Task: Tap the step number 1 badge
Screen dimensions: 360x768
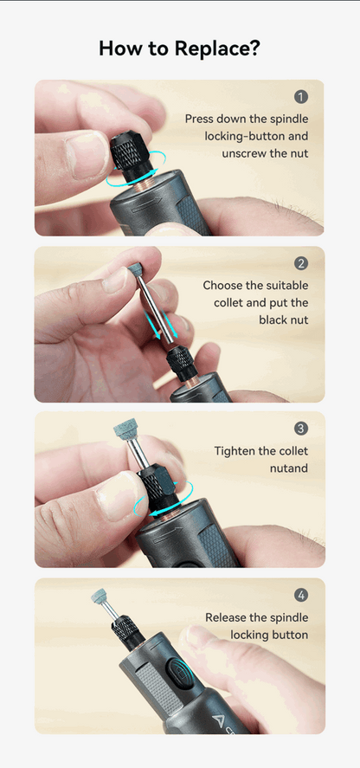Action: (x=301, y=97)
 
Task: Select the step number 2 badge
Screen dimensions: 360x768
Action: (x=301, y=263)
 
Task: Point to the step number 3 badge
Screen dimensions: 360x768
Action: (x=301, y=429)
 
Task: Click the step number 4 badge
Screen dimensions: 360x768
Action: (x=301, y=595)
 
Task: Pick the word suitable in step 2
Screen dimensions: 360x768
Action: (x=289, y=285)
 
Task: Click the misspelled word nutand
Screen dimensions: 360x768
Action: (x=289, y=468)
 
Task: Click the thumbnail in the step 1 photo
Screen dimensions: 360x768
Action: (x=88, y=153)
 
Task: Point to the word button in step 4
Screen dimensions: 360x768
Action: (x=290, y=635)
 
